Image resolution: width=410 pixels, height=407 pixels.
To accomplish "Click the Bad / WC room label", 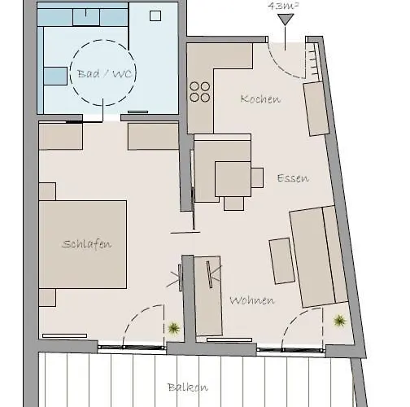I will click(104, 74).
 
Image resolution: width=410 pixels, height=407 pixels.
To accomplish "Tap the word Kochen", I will click(260, 99).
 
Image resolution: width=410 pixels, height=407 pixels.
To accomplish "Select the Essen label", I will click(292, 178).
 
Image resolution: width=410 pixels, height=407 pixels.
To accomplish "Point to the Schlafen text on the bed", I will click(85, 244).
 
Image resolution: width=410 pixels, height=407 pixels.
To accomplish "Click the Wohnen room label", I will click(251, 300).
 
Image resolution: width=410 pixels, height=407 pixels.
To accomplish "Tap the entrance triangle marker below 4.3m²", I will click(285, 20).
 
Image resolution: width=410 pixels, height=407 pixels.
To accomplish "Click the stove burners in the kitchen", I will click(200, 91).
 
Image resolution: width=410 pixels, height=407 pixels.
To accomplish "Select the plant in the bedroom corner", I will click(173, 328).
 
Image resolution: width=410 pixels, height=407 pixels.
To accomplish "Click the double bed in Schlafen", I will click(83, 244).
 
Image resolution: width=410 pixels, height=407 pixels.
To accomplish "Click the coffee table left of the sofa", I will click(282, 260).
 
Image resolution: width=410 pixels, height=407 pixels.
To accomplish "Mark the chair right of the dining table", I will click(257, 177).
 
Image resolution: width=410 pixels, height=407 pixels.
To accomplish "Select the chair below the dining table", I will click(234, 203).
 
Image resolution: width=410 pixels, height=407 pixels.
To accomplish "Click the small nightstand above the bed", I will click(47, 191).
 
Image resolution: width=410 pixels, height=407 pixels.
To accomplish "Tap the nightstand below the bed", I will click(47, 297).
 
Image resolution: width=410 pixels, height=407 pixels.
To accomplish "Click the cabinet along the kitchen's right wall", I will click(315, 109).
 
